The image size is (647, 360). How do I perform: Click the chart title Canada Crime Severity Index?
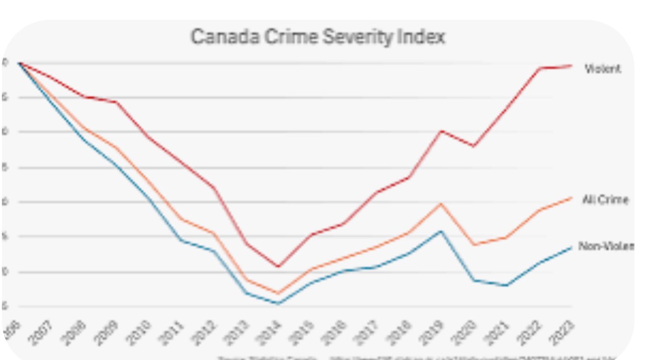click(318, 38)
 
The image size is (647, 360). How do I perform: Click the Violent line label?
click(602, 69)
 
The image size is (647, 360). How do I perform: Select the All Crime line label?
click(605, 200)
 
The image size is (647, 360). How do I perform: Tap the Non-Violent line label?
click(606, 246)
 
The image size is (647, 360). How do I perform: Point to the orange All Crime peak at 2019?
click(441, 203)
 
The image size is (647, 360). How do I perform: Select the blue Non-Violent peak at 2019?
click(441, 231)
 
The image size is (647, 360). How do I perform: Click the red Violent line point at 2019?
click(441, 131)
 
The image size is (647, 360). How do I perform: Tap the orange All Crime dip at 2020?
click(474, 244)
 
